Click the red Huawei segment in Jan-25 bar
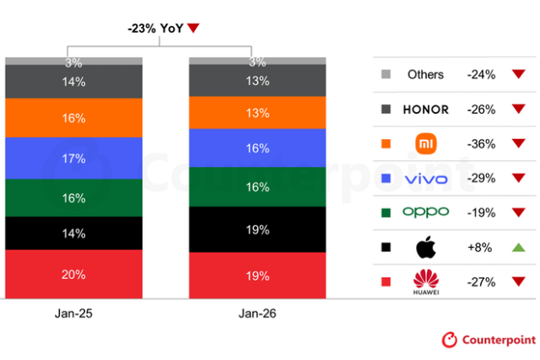click(73, 275)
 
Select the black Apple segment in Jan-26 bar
click(256, 229)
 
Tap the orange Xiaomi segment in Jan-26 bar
click(256, 113)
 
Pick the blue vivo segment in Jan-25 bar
click(73, 158)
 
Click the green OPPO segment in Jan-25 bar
click(73, 198)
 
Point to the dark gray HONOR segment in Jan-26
click(256, 81)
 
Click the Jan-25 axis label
click(73, 314)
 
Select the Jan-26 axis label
click(256, 314)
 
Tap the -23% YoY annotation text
click(155, 28)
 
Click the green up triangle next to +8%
click(518, 247)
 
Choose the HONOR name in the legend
click(425, 110)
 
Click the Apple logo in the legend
click(425, 247)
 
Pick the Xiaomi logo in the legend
click(425, 144)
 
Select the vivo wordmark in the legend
click(425, 179)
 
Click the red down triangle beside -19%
click(518, 212)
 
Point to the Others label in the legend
click(425, 75)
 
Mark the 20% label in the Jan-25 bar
click(73, 275)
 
